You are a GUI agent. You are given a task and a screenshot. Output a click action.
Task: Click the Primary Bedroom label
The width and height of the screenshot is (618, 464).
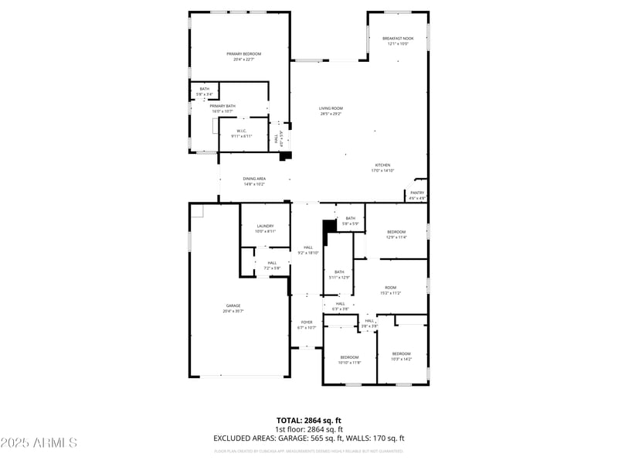click(x=243, y=54)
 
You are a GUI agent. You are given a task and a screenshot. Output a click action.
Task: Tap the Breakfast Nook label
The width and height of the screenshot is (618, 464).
click(x=398, y=39)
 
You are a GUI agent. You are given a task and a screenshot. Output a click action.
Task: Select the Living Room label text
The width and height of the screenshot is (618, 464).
click(x=331, y=108)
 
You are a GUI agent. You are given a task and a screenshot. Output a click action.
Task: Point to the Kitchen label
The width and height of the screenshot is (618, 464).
click(x=383, y=165)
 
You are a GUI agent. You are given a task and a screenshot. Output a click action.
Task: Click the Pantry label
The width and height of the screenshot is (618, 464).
click(x=417, y=193)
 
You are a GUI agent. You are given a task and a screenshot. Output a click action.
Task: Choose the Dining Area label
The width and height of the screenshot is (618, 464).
click(x=254, y=179)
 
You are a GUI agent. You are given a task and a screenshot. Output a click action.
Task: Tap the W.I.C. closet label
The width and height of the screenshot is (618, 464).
click(x=242, y=131)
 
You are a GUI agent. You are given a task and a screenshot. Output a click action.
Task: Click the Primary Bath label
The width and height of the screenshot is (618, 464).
click(x=222, y=106)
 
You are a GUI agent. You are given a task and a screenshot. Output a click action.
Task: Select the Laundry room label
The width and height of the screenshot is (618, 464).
click(x=266, y=226)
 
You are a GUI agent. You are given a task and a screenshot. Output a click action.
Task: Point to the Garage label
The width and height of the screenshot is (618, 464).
click(x=233, y=305)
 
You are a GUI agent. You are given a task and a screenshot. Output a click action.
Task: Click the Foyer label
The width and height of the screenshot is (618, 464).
click(x=307, y=322)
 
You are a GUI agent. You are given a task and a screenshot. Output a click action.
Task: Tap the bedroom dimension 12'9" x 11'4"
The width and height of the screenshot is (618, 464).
click(x=396, y=237)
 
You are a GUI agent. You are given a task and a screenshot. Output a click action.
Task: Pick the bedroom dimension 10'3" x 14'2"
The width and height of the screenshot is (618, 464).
click(x=401, y=359)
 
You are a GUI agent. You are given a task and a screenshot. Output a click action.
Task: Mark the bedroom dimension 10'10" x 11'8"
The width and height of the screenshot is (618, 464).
click(x=350, y=362)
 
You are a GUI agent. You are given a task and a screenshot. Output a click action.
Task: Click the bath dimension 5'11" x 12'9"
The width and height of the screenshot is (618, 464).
click(x=339, y=277)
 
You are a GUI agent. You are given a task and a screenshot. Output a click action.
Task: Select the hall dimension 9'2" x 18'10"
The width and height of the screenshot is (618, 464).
click(x=308, y=253)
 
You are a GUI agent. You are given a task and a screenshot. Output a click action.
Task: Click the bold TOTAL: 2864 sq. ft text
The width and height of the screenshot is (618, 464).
click(x=309, y=420)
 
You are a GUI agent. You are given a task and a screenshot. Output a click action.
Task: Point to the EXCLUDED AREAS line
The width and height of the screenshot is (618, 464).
click(x=309, y=438)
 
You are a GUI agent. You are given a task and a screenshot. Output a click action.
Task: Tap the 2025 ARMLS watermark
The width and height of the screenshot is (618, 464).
click(x=39, y=443)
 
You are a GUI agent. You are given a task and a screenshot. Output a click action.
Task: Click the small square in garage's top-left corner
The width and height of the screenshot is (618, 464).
click(x=197, y=210)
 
